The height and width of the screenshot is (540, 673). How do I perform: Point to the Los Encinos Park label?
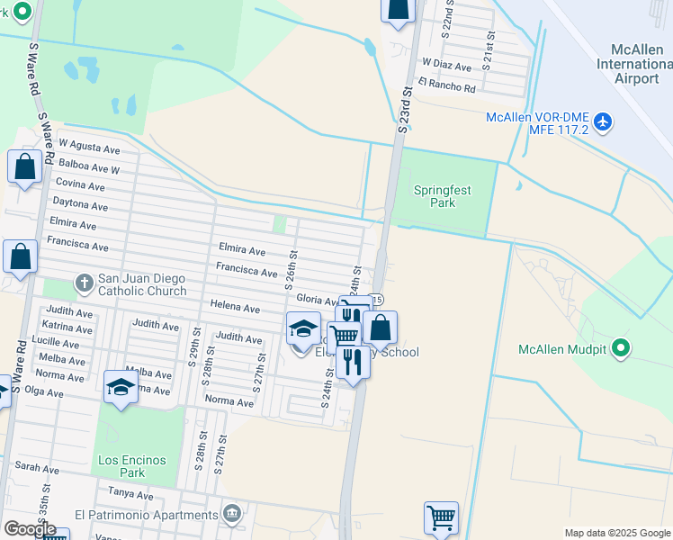[x=132, y=466]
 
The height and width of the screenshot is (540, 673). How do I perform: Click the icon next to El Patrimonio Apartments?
[x=232, y=514]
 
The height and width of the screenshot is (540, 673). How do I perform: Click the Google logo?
[x=30, y=529]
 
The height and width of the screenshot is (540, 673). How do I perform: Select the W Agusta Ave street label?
[x=89, y=144]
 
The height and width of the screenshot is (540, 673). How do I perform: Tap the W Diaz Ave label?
[x=447, y=67]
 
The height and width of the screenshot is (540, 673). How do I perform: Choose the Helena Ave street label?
[x=235, y=308]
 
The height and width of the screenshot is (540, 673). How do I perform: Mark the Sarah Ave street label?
[x=37, y=469]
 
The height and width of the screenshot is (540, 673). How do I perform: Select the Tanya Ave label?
[x=130, y=493]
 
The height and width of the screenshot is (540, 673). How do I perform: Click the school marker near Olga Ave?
[x=121, y=387]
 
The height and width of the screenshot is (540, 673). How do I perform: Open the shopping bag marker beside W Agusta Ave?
[x=24, y=166]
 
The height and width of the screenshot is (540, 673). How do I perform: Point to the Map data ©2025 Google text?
[x=616, y=533]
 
